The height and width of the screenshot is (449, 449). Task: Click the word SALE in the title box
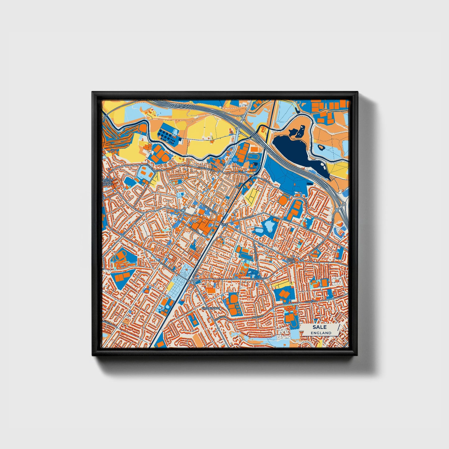coord(319,327)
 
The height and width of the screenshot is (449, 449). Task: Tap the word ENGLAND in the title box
coord(319,333)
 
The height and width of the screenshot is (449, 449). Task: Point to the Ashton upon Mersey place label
coord(108,182)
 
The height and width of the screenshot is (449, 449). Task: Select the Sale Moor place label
coord(291,260)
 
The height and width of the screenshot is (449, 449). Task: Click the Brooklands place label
coord(211,308)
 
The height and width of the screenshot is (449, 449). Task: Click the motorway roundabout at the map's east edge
coord(344,204)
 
